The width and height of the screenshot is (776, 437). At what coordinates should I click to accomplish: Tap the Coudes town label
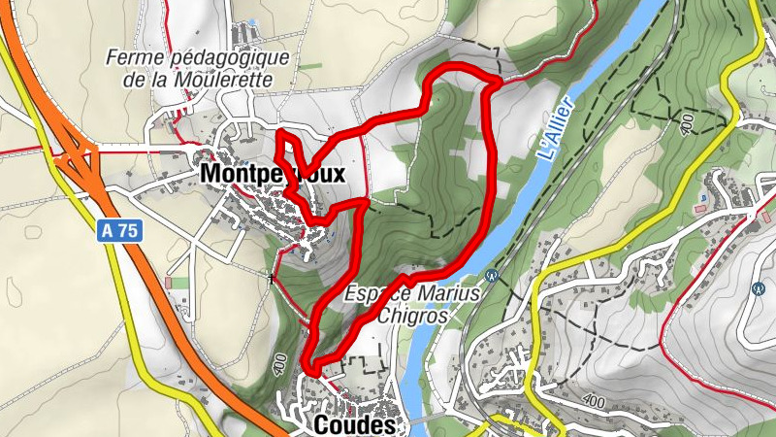355,425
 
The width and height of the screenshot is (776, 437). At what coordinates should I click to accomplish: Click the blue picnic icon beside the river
492,276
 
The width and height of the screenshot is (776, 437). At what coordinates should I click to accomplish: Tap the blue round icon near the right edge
758,288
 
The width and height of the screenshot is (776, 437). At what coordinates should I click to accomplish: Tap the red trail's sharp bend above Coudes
313,365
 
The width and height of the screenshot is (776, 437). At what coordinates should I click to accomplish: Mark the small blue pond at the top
254,19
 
